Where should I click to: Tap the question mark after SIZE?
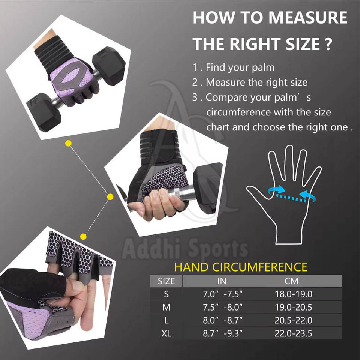(328, 44)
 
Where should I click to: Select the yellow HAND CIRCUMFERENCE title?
(241, 267)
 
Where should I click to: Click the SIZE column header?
(166, 281)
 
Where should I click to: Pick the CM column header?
(291, 281)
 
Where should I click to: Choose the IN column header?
(222, 281)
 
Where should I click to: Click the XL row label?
(166, 333)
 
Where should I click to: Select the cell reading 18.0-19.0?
(293, 294)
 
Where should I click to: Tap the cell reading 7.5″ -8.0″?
(222, 307)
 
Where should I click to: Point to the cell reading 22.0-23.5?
(293, 333)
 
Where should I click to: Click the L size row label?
(166, 320)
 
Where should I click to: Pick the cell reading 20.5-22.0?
(293, 320)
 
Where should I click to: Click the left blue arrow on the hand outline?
(277, 190)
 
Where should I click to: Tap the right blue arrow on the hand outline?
(307, 196)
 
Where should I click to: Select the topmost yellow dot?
(68, 144)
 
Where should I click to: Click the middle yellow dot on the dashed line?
(110, 197)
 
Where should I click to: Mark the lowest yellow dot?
(83, 237)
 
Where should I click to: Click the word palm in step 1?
(263, 67)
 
